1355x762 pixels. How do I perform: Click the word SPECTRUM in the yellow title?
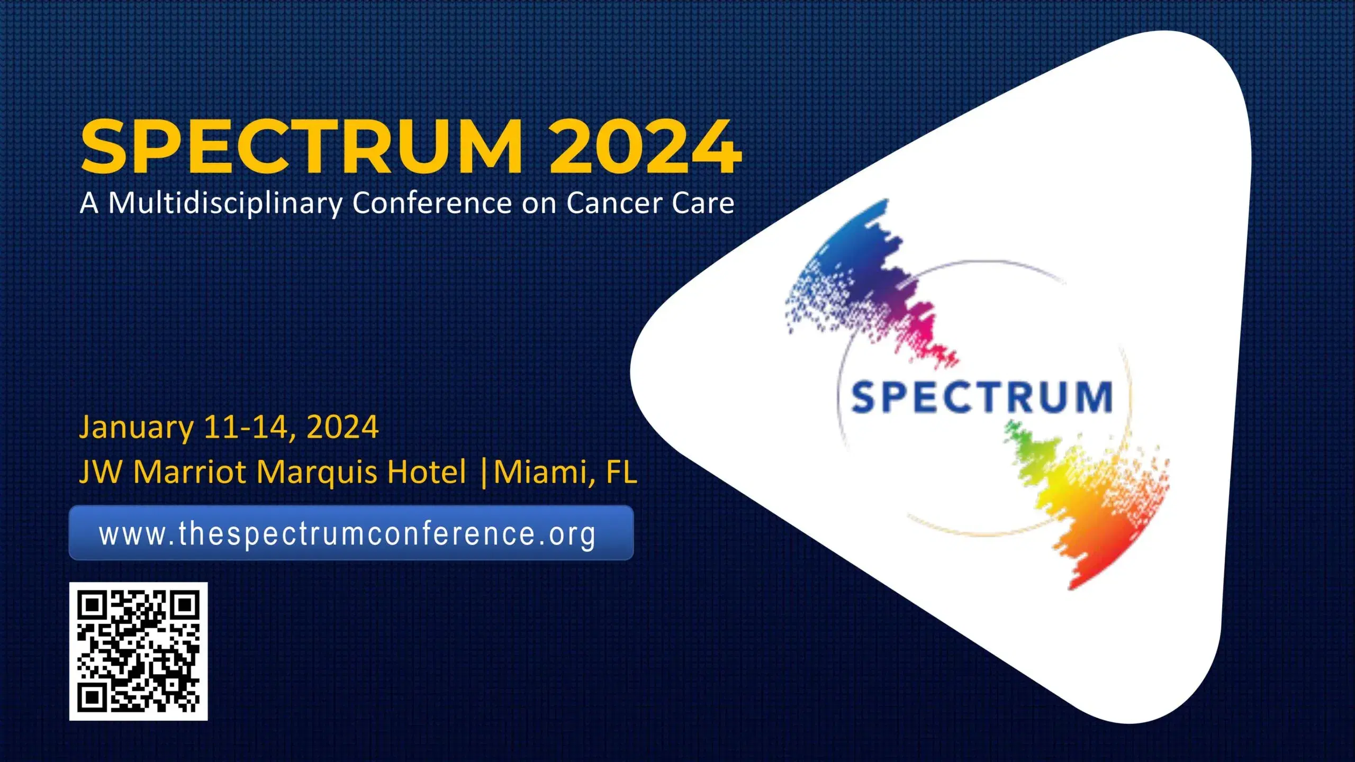pyautogui.click(x=302, y=147)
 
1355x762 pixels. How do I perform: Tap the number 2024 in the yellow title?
pyautogui.click(x=645, y=147)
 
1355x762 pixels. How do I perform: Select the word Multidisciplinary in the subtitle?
pyautogui.click(x=225, y=203)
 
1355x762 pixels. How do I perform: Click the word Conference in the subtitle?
pyautogui.click(x=432, y=202)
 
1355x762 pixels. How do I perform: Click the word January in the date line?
pyautogui.click(x=137, y=428)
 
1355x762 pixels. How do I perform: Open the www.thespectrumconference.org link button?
pyautogui.click(x=351, y=533)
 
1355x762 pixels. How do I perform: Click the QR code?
pyautogui.click(x=138, y=651)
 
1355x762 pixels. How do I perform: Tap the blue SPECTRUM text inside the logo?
pyautogui.click(x=982, y=397)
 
